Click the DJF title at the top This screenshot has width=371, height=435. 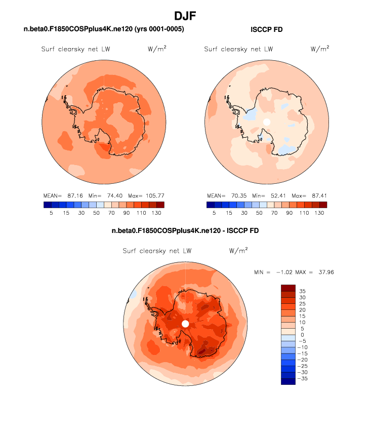pyautogui.click(x=185, y=16)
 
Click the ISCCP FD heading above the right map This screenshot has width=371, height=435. pyautogui.click(x=267, y=30)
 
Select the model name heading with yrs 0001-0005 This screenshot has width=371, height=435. pyautogui.click(x=104, y=30)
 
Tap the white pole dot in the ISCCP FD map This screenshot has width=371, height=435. pyautogui.click(x=267, y=122)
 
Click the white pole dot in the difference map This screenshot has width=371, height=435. pyautogui.click(x=185, y=323)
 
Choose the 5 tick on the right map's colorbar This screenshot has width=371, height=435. pyautogui.click(x=214, y=213)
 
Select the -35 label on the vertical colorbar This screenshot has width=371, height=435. pyautogui.click(x=302, y=378)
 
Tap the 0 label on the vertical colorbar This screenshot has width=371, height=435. pyautogui.click(x=302, y=335)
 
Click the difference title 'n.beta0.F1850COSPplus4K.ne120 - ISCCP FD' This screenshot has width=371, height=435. pyautogui.click(x=185, y=231)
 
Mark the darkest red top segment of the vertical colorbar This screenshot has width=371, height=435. pyautogui.click(x=287, y=288)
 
